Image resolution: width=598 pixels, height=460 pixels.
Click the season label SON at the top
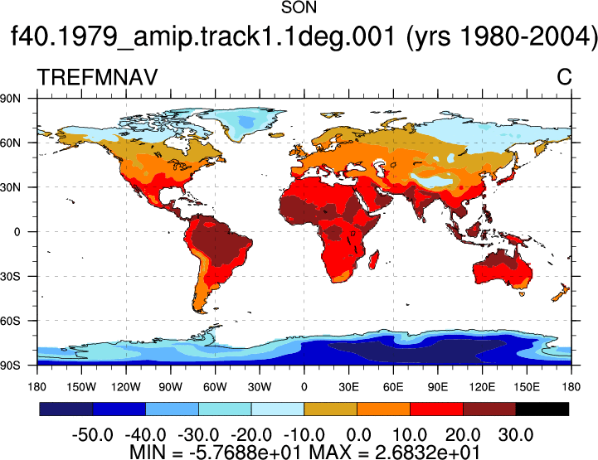tap(299, 7)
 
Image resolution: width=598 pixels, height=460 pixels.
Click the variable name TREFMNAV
tap(97, 77)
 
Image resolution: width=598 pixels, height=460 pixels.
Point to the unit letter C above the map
tap(564, 77)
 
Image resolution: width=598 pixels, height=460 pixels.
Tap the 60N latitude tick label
tap(10, 143)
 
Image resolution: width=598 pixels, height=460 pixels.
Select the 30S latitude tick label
tap(10, 276)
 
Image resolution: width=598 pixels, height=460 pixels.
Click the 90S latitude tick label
tap(10, 366)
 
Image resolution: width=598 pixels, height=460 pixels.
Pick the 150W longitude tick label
tap(81, 387)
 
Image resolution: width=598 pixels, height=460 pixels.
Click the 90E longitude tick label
tap(437, 387)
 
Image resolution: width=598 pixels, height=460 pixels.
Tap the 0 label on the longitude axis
tap(304, 387)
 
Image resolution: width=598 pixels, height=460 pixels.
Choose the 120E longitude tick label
tap(482, 387)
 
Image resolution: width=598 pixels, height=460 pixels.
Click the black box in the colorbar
tap(542, 409)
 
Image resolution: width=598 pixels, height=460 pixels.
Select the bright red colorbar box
tap(436, 409)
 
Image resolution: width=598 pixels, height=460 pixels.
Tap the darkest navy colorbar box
tap(66, 409)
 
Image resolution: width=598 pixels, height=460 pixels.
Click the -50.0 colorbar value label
tap(92, 434)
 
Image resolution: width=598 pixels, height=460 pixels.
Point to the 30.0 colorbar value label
tap(516, 434)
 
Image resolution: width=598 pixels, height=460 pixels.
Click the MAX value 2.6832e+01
tap(427, 453)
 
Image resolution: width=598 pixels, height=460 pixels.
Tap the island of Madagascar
tap(375, 259)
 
